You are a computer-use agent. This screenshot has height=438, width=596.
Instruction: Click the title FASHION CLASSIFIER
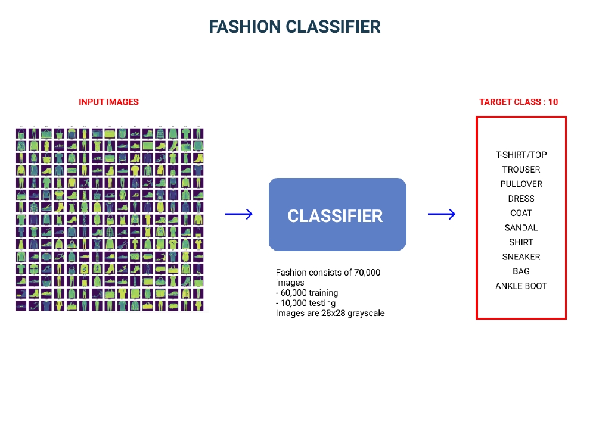click(x=294, y=27)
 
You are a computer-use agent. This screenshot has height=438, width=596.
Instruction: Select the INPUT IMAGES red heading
click(x=108, y=102)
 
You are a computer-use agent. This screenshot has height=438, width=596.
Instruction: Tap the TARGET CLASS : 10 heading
click(x=519, y=102)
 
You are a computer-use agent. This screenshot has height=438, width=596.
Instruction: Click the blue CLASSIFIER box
click(x=337, y=215)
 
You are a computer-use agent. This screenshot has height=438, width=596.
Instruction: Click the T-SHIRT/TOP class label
click(x=521, y=155)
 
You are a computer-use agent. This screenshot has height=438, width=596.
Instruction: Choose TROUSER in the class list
click(x=521, y=170)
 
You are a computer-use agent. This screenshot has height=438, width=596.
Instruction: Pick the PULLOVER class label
click(x=521, y=184)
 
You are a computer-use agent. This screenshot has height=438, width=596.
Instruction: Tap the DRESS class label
click(x=521, y=199)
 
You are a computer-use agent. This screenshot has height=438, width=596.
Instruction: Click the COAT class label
click(x=521, y=213)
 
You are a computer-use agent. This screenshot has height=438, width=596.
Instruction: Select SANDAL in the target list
click(x=521, y=227)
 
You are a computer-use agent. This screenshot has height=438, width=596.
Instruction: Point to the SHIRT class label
click(x=521, y=242)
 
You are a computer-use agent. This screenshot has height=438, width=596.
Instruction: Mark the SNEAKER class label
click(x=521, y=256)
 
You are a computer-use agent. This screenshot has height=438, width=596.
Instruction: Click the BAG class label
click(x=521, y=271)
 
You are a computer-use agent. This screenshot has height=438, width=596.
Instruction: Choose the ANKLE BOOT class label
click(x=521, y=286)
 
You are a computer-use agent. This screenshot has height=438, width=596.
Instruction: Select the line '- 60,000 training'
click(x=307, y=293)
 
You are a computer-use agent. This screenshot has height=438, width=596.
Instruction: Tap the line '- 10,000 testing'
click(x=306, y=303)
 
